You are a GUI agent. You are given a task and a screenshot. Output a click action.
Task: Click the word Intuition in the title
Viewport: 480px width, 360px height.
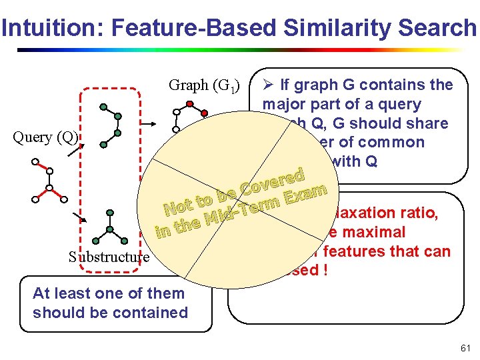tap(45, 28)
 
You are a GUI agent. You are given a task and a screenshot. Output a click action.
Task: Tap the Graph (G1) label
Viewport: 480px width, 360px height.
tap(204, 85)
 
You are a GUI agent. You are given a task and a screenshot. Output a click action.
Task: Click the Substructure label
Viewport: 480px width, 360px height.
tap(109, 257)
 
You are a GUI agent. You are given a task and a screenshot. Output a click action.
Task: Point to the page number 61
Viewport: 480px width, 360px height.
tap(465, 348)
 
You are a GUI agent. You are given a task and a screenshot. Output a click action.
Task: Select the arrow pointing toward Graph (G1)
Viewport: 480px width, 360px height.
tap(153, 123)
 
